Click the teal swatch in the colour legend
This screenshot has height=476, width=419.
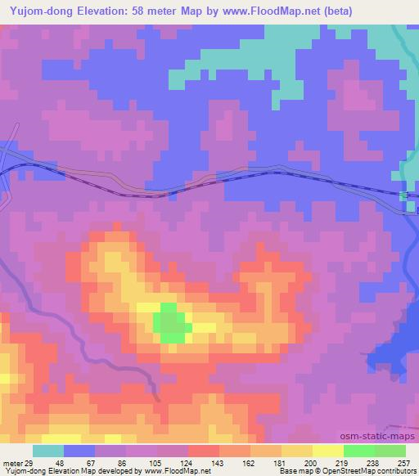48,451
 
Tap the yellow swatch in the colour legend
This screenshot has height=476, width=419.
328,451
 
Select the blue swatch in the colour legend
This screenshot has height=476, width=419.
79,451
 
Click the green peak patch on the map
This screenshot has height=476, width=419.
170,322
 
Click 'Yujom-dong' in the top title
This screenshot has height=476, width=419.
38,11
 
